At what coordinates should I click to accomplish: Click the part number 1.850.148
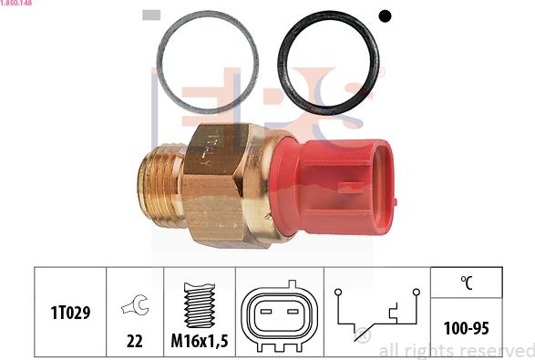pyautogui.click(x=17, y=4)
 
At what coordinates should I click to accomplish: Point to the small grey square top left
pyautogui.click(x=152, y=15)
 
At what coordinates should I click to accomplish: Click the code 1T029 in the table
pyautogui.click(x=70, y=314)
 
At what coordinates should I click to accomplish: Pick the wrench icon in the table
pyautogui.click(x=135, y=308)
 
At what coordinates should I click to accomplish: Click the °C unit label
pyautogui.click(x=466, y=283)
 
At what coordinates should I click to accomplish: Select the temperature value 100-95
pyautogui.click(x=466, y=325)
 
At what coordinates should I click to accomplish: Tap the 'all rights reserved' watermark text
pyautogui.click(x=455, y=351)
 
